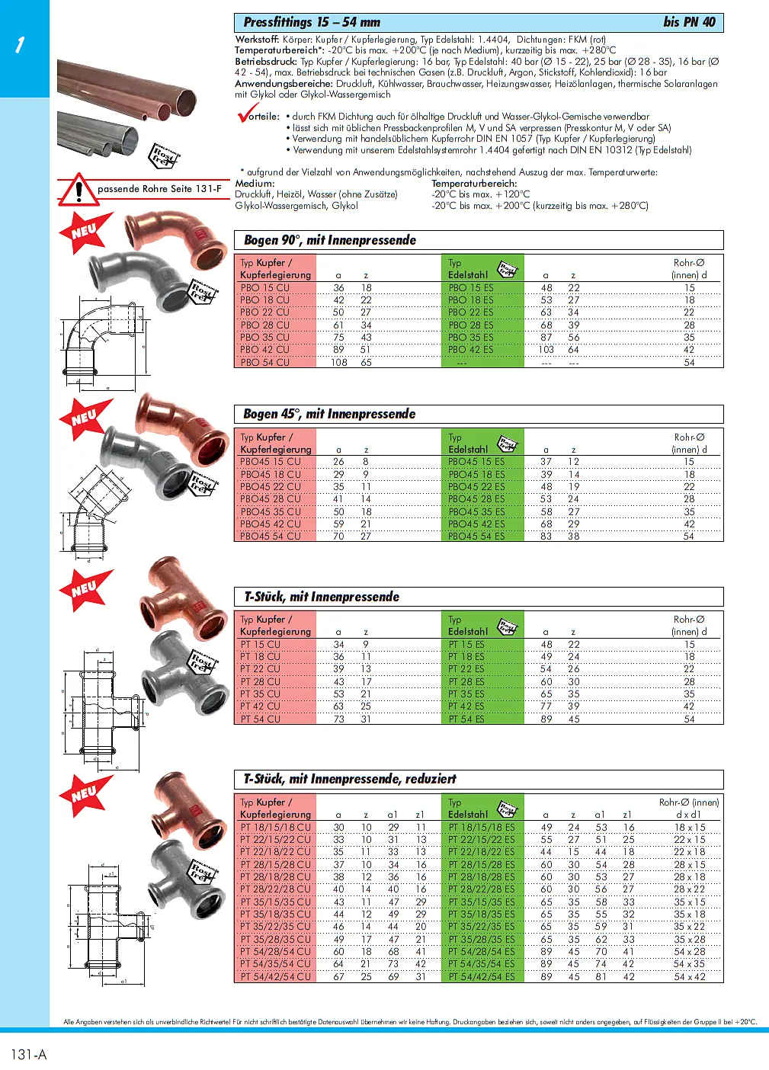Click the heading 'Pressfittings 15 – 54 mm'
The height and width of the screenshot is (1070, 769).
pyautogui.click(x=312, y=22)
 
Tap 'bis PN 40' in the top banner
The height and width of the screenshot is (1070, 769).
pyautogui.click(x=689, y=22)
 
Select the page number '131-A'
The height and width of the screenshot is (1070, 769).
pyautogui.click(x=29, y=1054)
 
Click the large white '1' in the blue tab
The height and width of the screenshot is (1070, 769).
pyautogui.click(x=20, y=45)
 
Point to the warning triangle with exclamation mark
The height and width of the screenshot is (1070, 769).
pyautogui.click(x=78, y=190)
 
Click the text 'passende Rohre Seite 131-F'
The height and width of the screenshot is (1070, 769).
pyautogui.click(x=159, y=188)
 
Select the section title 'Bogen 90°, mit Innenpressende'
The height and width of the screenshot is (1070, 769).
pyautogui.click(x=330, y=240)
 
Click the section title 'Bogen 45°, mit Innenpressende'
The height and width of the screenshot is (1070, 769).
pyautogui.click(x=329, y=414)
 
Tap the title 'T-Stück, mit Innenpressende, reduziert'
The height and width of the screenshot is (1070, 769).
pyautogui.click(x=350, y=779)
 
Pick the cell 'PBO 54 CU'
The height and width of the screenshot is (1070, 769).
pyautogui.click(x=265, y=362)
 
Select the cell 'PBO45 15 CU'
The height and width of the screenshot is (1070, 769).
pyautogui.click(x=271, y=462)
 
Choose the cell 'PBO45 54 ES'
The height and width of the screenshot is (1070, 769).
pyautogui.click(x=476, y=537)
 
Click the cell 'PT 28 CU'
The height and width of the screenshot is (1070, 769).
pyautogui.click(x=261, y=681)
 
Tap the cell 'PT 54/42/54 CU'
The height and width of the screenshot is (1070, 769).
pyautogui.click(x=276, y=976)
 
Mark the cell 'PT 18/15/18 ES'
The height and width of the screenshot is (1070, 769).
pyautogui.click(x=482, y=827)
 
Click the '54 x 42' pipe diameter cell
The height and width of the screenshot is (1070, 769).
pyautogui.click(x=689, y=976)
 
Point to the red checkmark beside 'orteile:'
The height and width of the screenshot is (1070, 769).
pyautogui.click(x=247, y=114)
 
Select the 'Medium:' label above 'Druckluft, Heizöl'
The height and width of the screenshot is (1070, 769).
pyautogui.click(x=255, y=184)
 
